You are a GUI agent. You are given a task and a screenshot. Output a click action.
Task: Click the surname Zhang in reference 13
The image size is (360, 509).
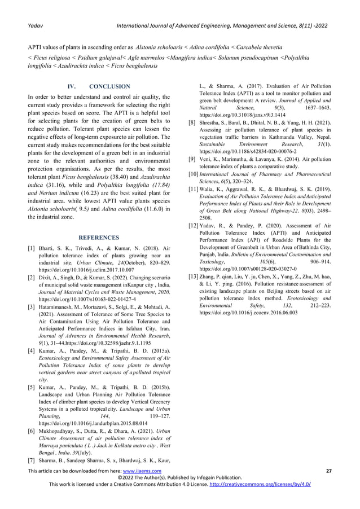tap(207, 277)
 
